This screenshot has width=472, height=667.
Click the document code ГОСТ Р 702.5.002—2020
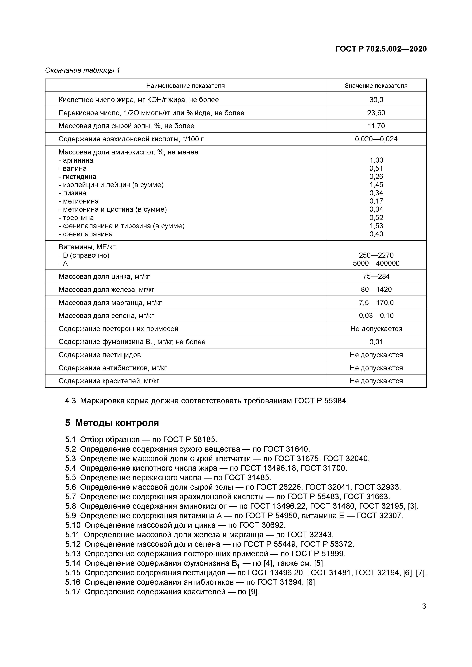[x=381, y=49]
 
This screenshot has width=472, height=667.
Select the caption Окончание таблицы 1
[x=82, y=70]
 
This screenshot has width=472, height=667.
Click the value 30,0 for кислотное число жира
[x=376, y=100]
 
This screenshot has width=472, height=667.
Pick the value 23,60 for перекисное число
[x=376, y=113]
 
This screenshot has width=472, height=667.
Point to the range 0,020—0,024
[x=376, y=139]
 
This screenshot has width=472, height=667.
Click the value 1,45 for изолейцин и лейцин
[x=376, y=185]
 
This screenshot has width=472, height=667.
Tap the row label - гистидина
[x=77, y=177]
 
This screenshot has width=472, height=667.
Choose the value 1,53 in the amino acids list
[x=376, y=226]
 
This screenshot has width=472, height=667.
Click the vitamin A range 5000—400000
[x=376, y=263]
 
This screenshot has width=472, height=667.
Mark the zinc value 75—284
[x=376, y=277]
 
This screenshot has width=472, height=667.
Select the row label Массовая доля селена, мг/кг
[x=106, y=316]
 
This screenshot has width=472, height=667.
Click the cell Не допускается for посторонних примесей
[x=376, y=329]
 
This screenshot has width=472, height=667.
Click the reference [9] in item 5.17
[x=253, y=592]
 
